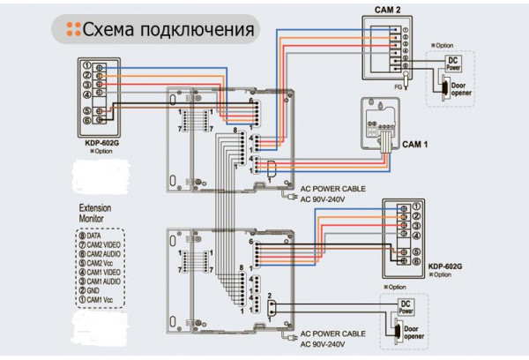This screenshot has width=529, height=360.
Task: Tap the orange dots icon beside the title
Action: pyautogui.click(x=72, y=29)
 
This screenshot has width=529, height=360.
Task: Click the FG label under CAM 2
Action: pyautogui.click(x=399, y=86)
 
